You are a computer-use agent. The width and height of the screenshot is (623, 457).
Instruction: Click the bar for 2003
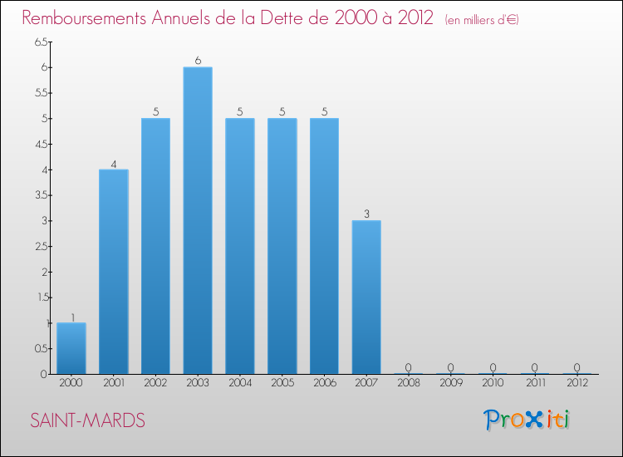(198, 220)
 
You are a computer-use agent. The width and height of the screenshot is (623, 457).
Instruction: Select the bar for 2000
(71, 348)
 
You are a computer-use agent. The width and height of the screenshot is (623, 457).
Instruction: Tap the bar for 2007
(366, 297)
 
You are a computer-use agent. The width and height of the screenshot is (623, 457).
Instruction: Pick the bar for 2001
(114, 272)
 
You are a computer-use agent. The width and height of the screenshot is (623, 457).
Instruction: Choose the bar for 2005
(282, 246)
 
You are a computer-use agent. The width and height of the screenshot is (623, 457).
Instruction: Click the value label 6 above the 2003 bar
(198, 60)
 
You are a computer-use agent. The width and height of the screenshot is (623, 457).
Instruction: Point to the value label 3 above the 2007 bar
(366, 214)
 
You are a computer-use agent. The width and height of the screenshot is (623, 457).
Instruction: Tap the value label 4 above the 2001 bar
(114, 163)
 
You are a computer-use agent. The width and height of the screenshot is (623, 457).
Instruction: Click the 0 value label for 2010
(493, 367)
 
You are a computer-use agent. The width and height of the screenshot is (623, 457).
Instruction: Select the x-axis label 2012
(576, 383)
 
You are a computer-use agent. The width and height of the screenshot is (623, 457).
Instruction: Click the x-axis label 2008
(408, 383)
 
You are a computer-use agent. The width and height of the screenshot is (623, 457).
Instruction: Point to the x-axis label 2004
(240, 383)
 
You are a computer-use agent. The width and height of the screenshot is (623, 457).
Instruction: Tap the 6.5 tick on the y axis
(41, 42)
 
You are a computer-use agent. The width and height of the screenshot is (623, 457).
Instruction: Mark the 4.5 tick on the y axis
(41, 144)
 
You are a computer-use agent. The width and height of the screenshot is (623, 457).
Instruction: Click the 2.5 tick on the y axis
(41, 246)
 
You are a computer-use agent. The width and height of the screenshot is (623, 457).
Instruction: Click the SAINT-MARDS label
(87, 420)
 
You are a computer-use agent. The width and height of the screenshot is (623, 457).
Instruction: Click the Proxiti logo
(527, 420)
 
